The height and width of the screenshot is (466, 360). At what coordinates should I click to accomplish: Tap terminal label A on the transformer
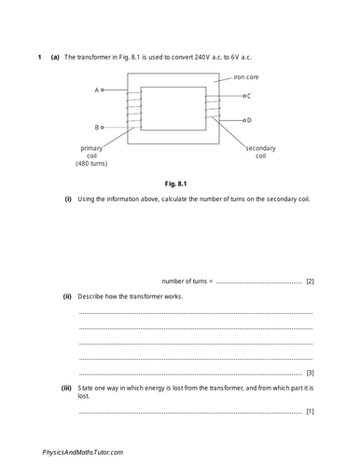pyautogui.click(x=97, y=90)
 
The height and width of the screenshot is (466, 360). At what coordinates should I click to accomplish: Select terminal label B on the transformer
pyautogui.click(x=97, y=127)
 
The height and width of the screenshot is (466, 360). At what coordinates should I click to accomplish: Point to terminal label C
pyautogui.click(x=249, y=96)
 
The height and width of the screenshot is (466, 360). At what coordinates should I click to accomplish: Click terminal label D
pyautogui.click(x=249, y=120)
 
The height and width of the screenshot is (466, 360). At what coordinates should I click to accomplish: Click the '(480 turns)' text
pyautogui.click(x=94, y=165)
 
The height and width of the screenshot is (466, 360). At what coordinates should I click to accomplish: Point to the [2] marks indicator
pyautogui.click(x=310, y=281)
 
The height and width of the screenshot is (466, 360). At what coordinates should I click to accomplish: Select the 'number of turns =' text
pyautogui.click(x=187, y=281)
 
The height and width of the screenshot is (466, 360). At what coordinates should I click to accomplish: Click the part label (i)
pyautogui.click(x=67, y=200)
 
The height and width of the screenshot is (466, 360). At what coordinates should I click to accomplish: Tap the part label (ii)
pyautogui.click(x=67, y=297)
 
